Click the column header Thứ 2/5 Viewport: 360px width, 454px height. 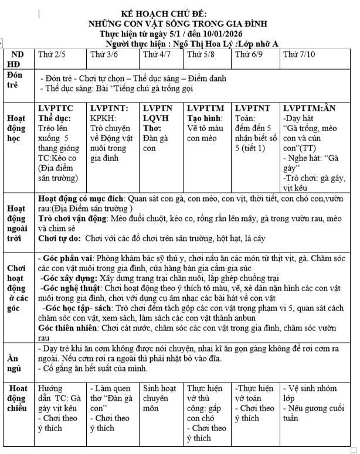[51, 54]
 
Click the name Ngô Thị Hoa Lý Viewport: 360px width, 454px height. [199, 43]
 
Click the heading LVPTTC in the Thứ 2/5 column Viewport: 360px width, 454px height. [56, 108]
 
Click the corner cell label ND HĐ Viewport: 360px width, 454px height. [18, 60]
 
